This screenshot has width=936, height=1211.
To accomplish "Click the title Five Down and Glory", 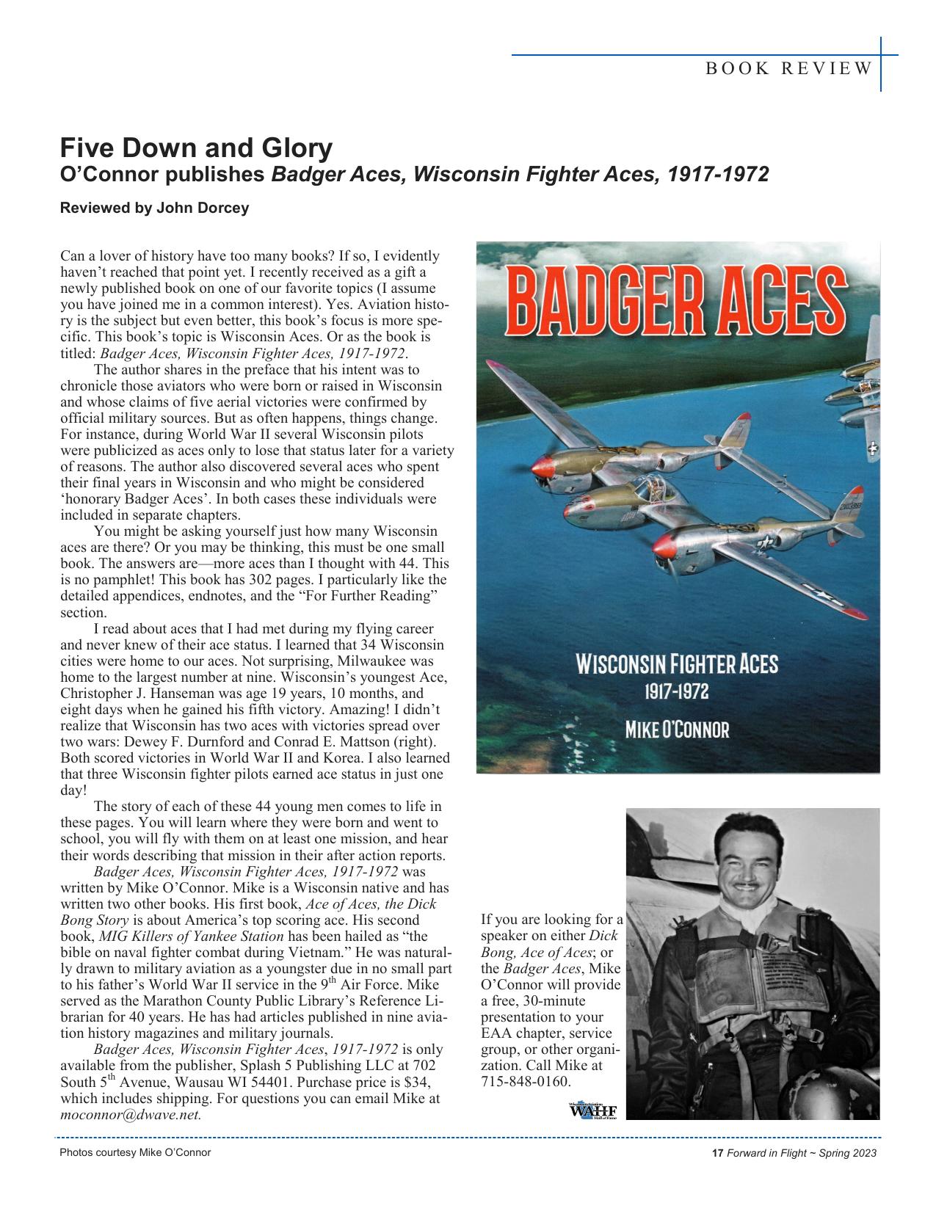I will coord(196,148).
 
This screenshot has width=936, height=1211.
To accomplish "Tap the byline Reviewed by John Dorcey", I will coord(154,208).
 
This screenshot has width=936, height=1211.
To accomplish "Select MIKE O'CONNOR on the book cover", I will coord(677,730).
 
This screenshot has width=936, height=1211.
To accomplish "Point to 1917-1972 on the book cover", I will coord(676,691).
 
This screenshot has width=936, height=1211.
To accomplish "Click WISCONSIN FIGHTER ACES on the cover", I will coord(677,665).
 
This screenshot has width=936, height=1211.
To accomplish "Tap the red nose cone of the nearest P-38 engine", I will coord(664,547).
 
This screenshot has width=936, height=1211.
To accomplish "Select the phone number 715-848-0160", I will coord(525,1082).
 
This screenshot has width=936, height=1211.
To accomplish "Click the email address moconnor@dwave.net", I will coord(130,1114).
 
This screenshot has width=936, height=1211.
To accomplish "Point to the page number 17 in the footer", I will coord(717,1153).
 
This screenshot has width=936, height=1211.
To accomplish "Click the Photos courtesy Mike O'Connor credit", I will coord(135,1152).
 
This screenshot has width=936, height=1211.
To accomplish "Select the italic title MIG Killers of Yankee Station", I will coord(191,936).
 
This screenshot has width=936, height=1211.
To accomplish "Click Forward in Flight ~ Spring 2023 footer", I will coord(802,1153).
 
